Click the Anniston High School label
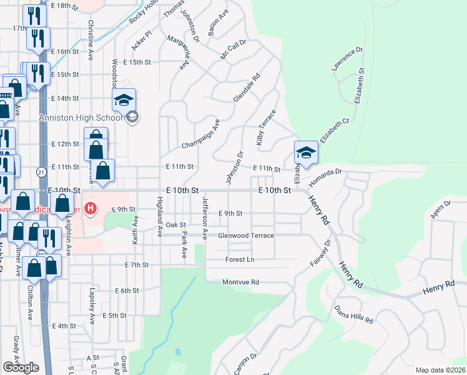(81, 117)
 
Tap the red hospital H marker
(91, 208)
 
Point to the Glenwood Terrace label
(246, 236)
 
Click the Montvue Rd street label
(240, 282)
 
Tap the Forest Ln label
(240, 259)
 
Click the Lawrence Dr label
(348, 59)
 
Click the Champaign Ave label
(200, 134)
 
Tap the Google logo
(21, 367)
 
